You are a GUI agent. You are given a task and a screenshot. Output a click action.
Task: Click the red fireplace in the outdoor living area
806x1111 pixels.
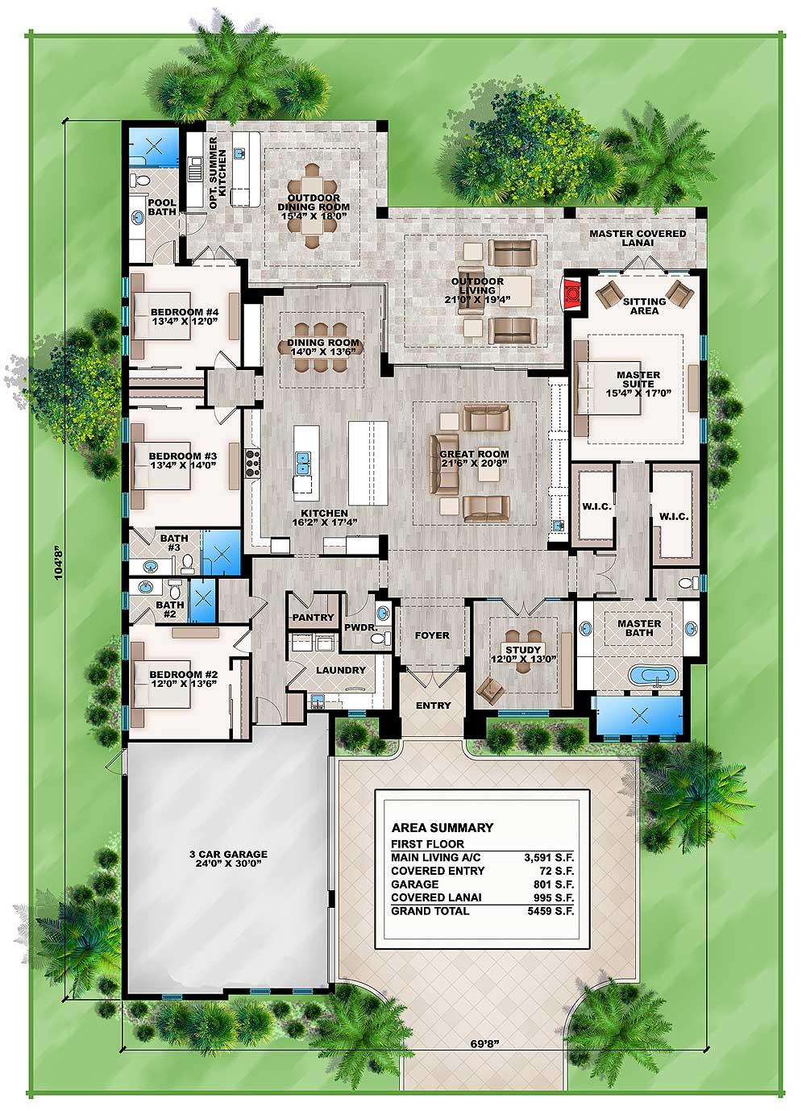[570, 293]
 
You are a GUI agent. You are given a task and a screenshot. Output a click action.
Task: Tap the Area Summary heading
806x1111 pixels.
[442, 827]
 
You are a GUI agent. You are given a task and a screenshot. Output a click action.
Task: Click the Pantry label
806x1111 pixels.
[313, 617]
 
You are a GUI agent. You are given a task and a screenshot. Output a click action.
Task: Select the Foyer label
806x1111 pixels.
[432, 635]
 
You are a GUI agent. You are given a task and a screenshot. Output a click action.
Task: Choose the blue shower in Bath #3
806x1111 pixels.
[221, 551]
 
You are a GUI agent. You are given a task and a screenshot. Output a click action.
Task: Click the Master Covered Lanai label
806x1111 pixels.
[638, 238]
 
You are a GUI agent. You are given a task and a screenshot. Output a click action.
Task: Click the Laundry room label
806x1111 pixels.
[341, 670]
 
